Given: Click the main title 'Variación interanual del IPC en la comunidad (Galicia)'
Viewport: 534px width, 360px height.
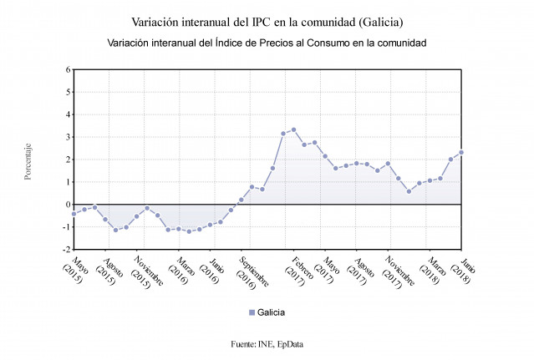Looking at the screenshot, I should pyautogui.click(x=267, y=20).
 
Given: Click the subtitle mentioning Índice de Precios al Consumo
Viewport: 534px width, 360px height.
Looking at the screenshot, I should pyautogui.click(x=267, y=42).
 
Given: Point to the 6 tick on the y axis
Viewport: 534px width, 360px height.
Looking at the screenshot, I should pyautogui.click(x=68, y=69).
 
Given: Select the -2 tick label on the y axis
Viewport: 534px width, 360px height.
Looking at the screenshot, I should pyautogui.click(x=66, y=249).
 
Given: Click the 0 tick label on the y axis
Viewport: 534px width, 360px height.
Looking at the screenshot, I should pyautogui.click(x=68, y=204).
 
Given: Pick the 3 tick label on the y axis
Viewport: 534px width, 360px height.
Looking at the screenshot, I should pyautogui.click(x=68, y=137).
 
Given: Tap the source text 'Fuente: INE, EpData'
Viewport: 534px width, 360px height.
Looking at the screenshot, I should pyautogui.click(x=267, y=343).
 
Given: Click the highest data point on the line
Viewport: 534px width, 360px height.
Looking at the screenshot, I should pyautogui.click(x=293, y=129).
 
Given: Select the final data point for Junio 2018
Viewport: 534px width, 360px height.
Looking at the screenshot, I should pyautogui.click(x=461, y=152).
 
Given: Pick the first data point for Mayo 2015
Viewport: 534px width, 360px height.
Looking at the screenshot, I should pyautogui.click(x=74, y=214).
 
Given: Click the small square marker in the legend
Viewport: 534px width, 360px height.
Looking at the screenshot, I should pyautogui.click(x=252, y=312).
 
